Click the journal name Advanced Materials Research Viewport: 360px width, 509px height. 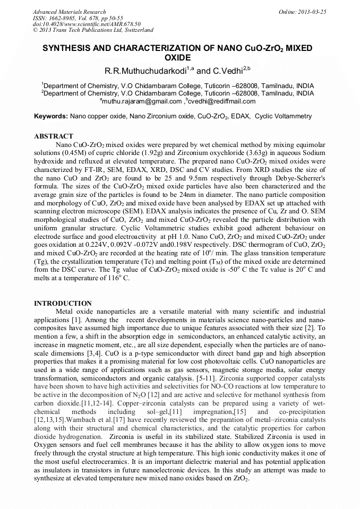coord(69,12)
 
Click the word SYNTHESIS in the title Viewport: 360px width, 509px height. coord(70,48)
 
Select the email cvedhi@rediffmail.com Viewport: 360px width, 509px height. coord(216,101)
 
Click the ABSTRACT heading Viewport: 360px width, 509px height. coord(54,136)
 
